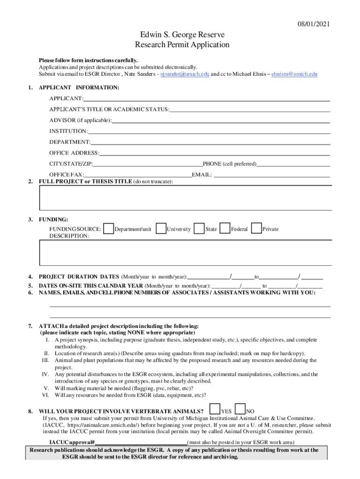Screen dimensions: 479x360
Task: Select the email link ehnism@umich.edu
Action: tap(295, 74)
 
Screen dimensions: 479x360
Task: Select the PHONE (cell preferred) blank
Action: tap(293, 164)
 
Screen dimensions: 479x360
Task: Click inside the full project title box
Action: tap(186, 197)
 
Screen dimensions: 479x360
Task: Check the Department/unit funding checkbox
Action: tap(108, 228)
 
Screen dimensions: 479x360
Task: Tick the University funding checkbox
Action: tap(161, 228)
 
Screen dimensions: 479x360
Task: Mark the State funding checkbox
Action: tap(199, 228)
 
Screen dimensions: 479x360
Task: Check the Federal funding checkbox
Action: tap(225, 228)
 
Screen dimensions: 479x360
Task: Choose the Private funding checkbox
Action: tap(256, 228)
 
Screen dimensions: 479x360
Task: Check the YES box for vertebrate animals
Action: tap(215, 409)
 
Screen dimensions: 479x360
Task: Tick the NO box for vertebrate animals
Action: tap(240, 409)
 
